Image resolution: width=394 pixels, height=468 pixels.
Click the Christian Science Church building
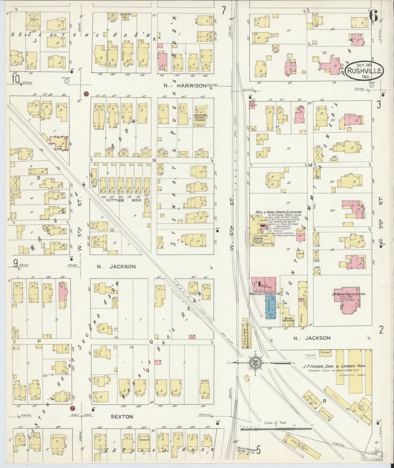coord(201,117)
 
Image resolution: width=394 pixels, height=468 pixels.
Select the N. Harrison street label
coord(185,85)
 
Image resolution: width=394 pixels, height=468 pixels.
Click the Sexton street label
coord(122,417)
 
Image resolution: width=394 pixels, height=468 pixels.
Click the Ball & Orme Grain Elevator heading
coord(278,212)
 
